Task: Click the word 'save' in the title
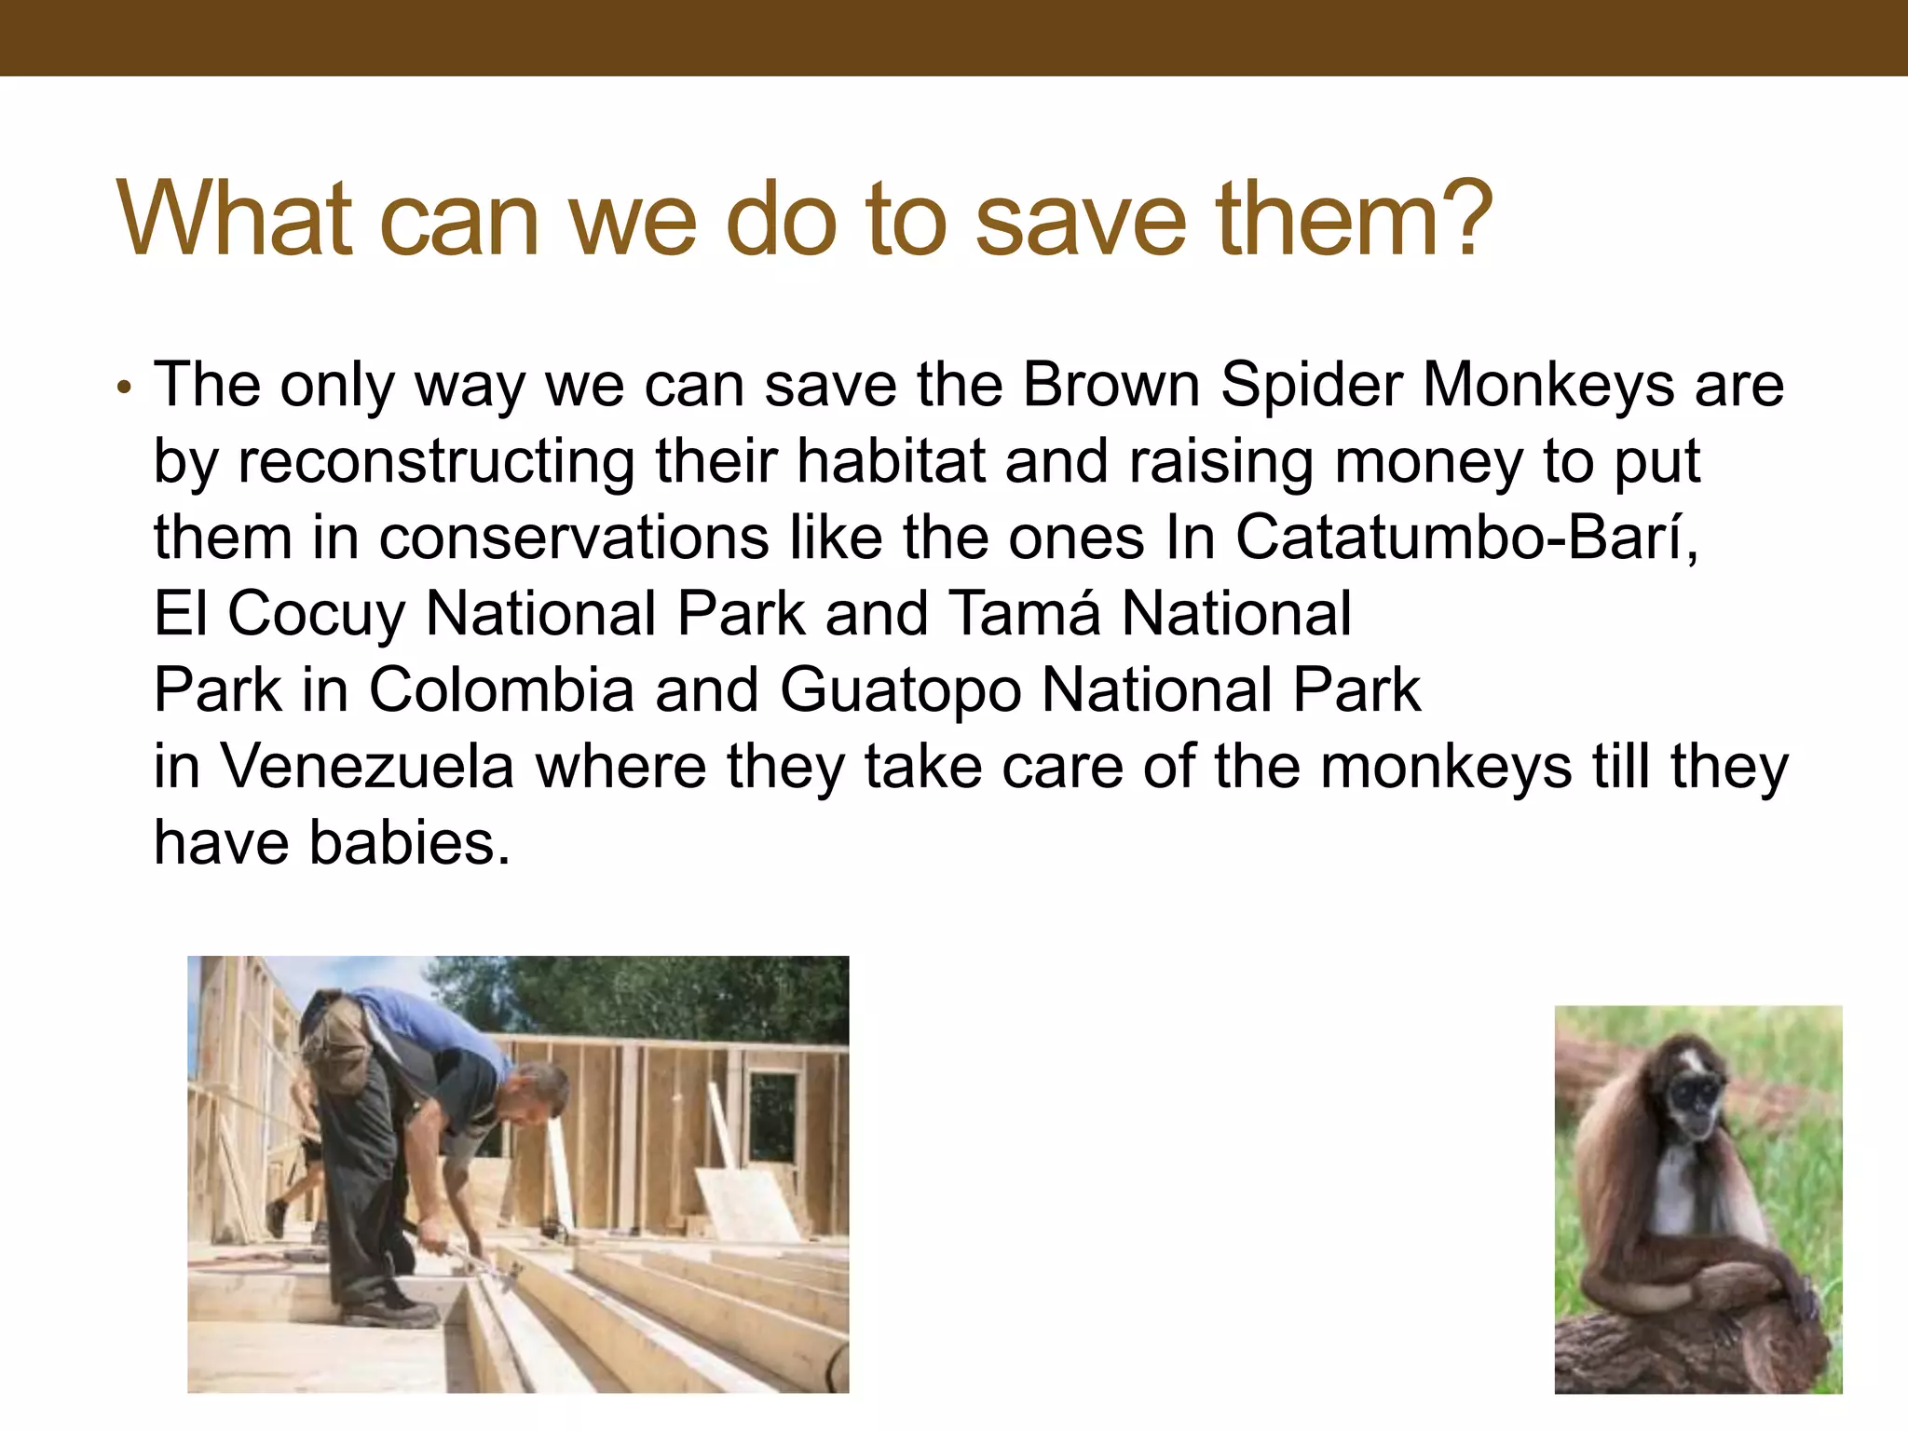point(1081,222)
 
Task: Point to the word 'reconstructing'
point(436,462)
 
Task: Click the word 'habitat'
point(891,461)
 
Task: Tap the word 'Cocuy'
point(317,615)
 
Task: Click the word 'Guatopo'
point(900,691)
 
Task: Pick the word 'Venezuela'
point(367,767)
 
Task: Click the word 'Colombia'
point(501,690)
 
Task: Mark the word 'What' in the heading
point(233,220)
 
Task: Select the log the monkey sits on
point(1677,1351)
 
